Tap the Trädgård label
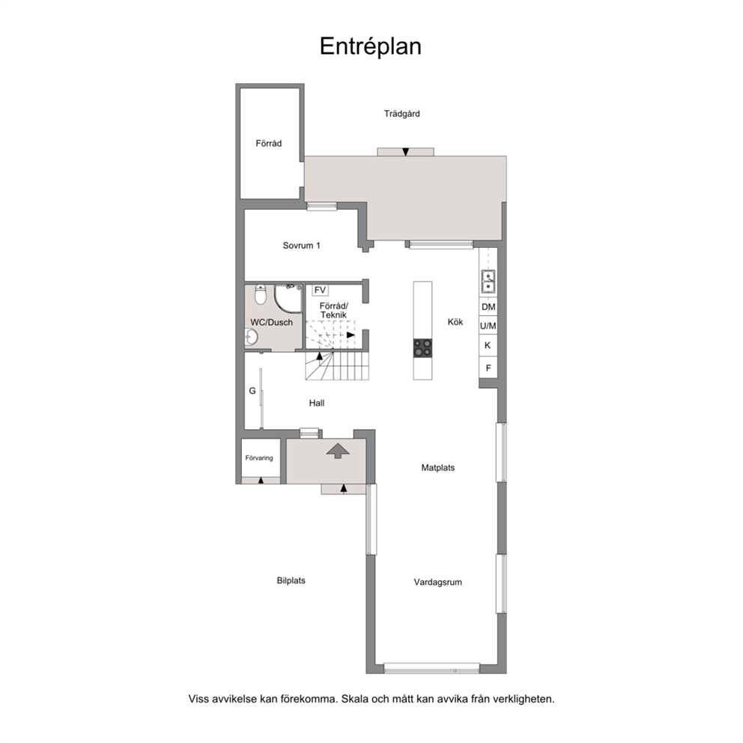[401, 114]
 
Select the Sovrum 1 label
[301, 246]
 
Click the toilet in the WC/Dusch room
[260, 294]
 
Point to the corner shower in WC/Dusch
[288, 299]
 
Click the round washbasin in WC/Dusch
[251, 337]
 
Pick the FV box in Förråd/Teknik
[321, 290]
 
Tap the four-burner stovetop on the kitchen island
[422, 348]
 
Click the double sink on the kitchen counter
[488, 282]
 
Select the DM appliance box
[488, 307]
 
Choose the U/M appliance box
[488, 326]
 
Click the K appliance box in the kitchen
[488, 345]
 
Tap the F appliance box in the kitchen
[488, 368]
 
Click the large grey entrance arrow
[338, 450]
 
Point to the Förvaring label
[259, 458]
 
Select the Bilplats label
[291, 580]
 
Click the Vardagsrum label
[438, 583]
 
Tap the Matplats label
[438, 467]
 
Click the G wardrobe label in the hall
[252, 391]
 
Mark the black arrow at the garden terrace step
[406, 152]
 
